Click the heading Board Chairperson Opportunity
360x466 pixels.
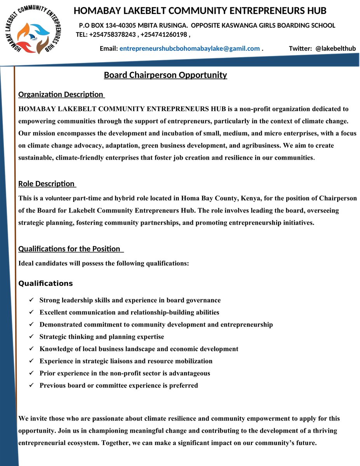point(165,75)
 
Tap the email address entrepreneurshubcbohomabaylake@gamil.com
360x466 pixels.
point(190,49)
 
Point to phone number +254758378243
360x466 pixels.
point(113,35)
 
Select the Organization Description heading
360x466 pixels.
point(61,94)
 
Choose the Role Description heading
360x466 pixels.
point(47,184)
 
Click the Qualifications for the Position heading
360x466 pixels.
point(70,249)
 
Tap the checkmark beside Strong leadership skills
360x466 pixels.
point(31,300)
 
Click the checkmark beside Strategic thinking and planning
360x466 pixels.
point(31,337)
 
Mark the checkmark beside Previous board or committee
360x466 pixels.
point(31,386)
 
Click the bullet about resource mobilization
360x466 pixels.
point(126,361)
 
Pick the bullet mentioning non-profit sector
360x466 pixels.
point(125,373)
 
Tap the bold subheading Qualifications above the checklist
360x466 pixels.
point(45,283)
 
